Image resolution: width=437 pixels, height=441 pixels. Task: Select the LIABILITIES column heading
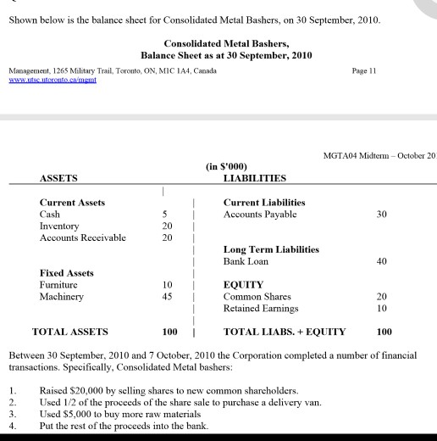tap(254, 178)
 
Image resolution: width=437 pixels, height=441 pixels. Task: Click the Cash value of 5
tap(167, 215)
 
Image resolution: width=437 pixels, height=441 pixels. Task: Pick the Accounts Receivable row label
tap(83, 237)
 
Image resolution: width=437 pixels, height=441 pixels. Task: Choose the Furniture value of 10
tap(169, 285)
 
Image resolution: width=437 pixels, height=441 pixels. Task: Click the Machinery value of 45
tap(169, 297)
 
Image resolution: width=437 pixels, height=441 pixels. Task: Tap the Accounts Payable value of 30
tap(381, 215)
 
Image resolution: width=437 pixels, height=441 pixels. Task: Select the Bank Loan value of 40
tap(381, 261)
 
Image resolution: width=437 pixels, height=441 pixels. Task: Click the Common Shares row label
tap(257, 297)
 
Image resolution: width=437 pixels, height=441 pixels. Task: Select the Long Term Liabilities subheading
tap(271, 249)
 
